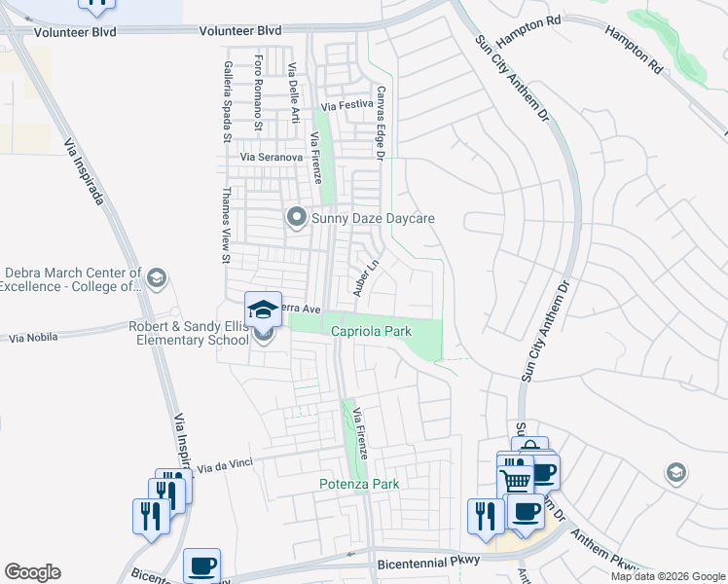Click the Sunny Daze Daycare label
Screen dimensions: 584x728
click(x=372, y=218)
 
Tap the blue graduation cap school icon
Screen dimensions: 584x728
click(x=263, y=309)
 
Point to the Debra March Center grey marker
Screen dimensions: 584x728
click(x=158, y=279)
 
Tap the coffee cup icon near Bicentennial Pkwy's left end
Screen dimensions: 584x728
click(x=201, y=565)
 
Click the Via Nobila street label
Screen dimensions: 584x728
click(x=33, y=338)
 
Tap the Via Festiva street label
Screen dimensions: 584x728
click(x=347, y=104)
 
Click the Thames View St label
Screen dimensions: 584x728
click(x=225, y=226)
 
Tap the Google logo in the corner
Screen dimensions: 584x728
click(x=32, y=572)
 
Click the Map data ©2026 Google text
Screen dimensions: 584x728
click(x=668, y=576)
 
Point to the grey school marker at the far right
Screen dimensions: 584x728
click(x=673, y=473)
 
